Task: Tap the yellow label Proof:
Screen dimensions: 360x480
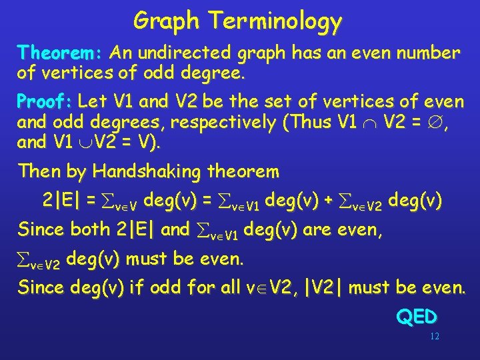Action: tap(45, 102)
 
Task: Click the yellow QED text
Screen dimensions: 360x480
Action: tap(417, 317)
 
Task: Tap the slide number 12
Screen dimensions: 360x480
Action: tap(434, 337)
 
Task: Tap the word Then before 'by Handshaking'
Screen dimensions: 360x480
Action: tap(40, 171)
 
